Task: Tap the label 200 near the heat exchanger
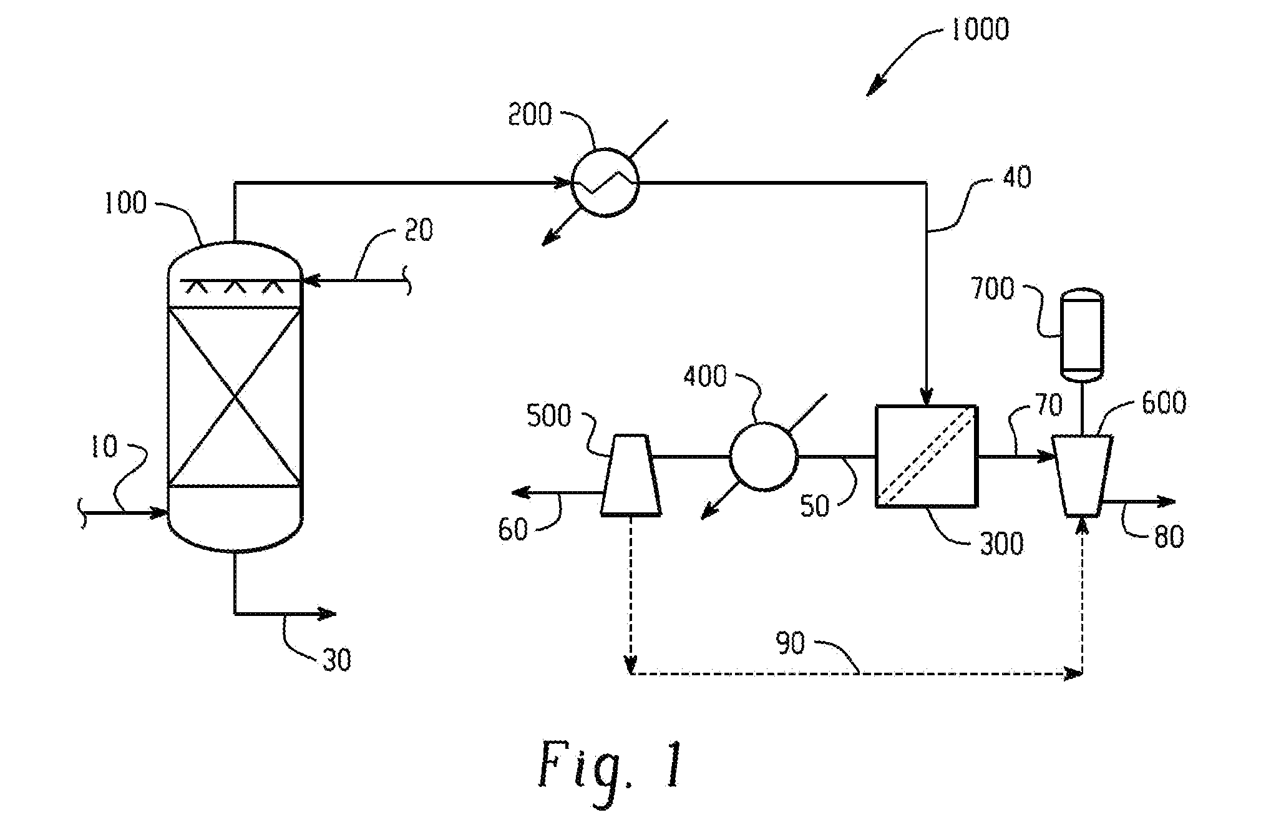click(530, 115)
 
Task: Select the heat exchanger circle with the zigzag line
click(605, 182)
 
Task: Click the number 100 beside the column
click(125, 203)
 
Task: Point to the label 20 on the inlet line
click(418, 230)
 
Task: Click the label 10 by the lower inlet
click(104, 447)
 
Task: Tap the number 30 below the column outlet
click(337, 660)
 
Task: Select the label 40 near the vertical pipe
click(1016, 177)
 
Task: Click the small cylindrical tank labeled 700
click(1082, 334)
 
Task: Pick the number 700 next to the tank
click(993, 290)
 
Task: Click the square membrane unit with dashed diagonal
click(927, 456)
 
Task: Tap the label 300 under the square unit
click(1002, 544)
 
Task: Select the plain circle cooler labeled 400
click(763, 456)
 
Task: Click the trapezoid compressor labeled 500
click(631, 476)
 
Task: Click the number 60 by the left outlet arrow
click(513, 530)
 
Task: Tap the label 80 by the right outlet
click(1169, 537)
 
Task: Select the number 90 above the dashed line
click(791, 643)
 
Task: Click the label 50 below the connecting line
click(815, 507)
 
